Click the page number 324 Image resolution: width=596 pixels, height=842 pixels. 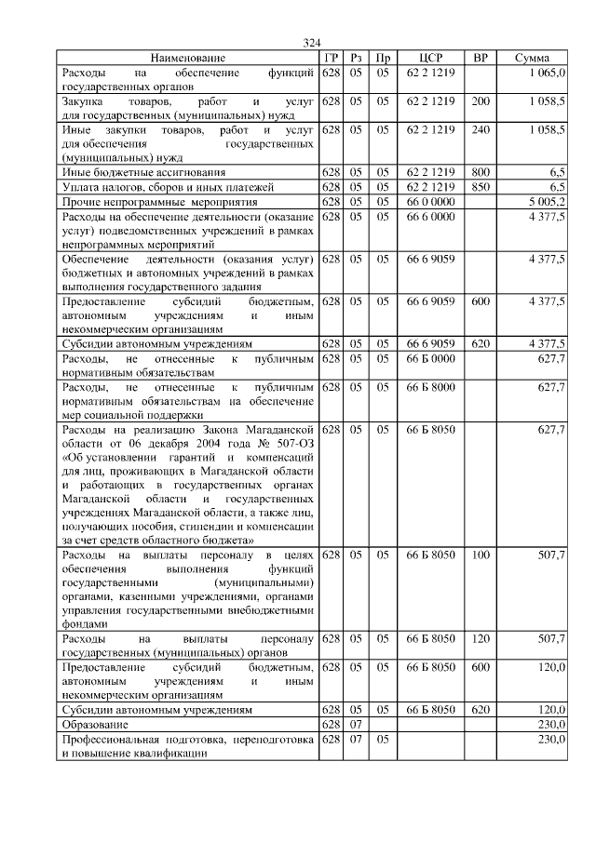coord(311,43)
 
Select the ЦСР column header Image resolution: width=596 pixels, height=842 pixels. coord(430,58)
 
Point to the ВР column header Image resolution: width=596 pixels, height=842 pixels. coord(481,58)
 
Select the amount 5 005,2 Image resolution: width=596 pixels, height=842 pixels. coord(547,201)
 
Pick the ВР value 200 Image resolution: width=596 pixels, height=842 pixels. coord(481,100)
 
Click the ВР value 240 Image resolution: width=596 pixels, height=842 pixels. coord(481,128)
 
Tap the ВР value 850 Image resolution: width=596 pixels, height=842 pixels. coord(481,187)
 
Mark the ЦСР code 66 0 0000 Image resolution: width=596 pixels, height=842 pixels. coord(430,201)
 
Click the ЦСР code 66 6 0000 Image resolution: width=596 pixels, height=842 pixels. coord(430,215)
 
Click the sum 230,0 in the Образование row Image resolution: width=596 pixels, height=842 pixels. coord(549,724)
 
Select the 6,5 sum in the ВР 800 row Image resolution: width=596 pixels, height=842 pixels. coord(556,172)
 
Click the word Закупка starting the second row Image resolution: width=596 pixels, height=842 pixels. coord(85,100)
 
